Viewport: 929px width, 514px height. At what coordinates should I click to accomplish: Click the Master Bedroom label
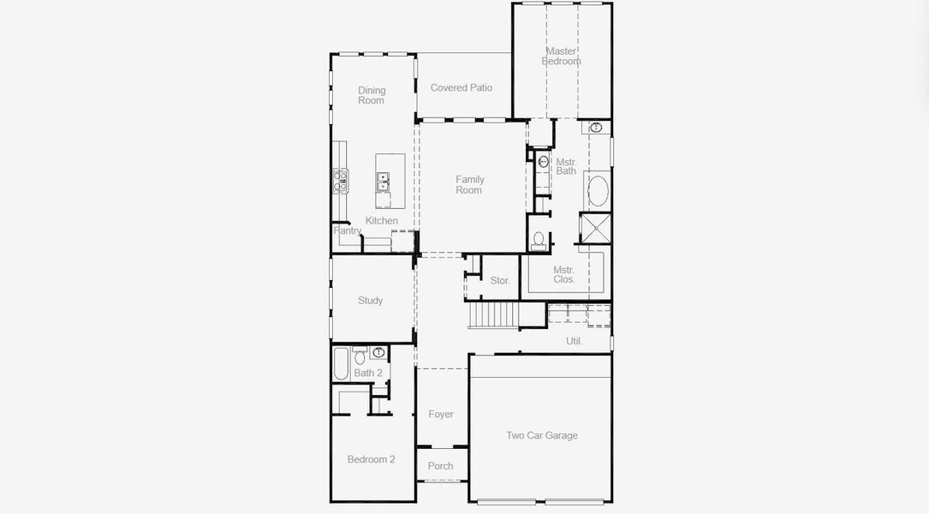[561, 57]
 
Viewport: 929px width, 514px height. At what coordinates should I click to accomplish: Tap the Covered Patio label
[462, 87]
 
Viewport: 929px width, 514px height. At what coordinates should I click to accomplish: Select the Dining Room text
[372, 95]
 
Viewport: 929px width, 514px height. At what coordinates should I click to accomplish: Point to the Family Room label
[469, 185]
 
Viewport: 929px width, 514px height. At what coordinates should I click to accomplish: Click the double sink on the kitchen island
[383, 182]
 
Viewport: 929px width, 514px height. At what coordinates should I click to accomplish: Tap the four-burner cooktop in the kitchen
[341, 181]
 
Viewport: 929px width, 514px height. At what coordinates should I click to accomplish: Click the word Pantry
[347, 230]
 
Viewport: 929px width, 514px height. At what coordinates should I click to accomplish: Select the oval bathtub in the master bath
[598, 191]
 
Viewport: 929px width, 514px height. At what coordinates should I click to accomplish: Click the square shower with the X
[595, 228]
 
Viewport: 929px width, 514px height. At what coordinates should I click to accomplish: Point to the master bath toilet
[539, 240]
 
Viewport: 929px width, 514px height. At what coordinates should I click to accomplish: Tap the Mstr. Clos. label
[564, 274]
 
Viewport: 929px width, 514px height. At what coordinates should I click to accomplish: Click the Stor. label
[500, 280]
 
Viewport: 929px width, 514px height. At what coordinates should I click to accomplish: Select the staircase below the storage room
[493, 315]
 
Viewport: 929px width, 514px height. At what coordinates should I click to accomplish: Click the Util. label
[574, 341]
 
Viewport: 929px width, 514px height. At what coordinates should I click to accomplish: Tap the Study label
[370, 301]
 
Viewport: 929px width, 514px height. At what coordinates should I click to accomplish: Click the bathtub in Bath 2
[341, 363]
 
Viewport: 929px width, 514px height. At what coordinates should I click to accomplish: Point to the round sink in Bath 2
[378, 352]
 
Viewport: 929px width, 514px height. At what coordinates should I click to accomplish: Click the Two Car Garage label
[541, 435]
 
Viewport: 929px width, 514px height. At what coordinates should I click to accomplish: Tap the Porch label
[440, 466]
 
